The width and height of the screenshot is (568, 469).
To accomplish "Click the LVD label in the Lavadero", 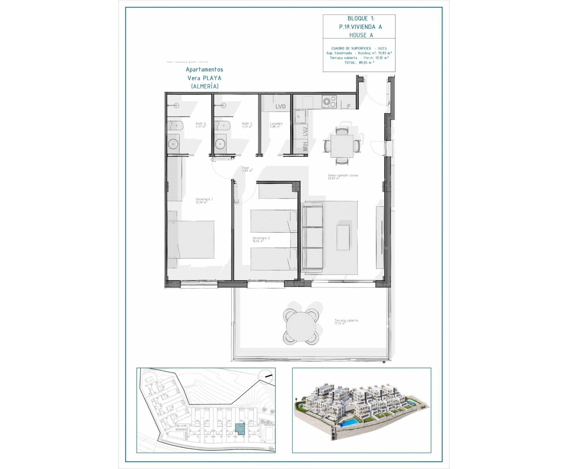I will click(280, 106).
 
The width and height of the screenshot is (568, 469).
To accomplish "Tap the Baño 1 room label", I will click(247, 125).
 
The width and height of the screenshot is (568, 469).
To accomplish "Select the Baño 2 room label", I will click(201, 125).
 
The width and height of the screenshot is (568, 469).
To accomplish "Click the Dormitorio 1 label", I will click(204, 201).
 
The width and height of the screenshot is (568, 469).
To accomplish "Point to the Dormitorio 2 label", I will click(261, 240).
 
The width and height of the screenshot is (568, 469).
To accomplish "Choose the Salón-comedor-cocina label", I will click(343, 177).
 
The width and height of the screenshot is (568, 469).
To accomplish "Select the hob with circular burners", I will click(329, 102).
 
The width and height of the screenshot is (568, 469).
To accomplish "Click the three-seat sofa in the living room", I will click(313, 237).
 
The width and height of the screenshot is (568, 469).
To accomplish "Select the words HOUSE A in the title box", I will click(361, 35).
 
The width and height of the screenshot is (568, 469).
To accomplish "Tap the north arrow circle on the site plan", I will click(265, 376).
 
